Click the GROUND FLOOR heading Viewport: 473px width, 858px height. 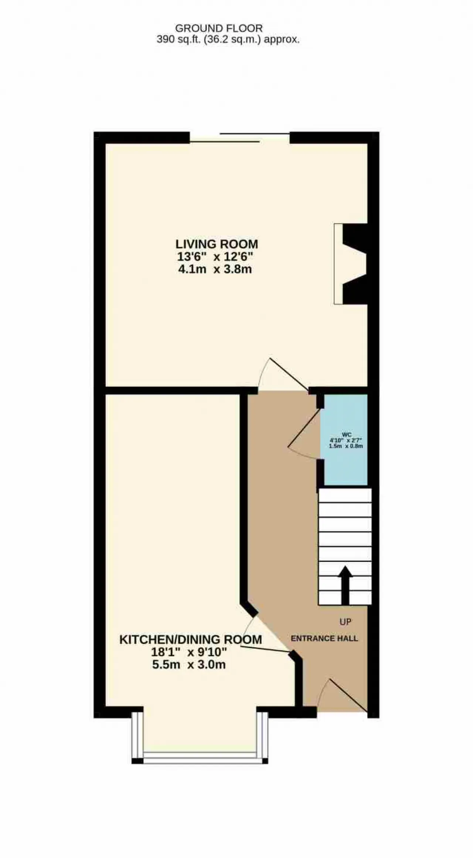[x=219, y=28]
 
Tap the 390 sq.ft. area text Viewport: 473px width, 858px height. [x=228, y=40]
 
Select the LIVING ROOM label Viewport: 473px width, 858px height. [x=217, y=244]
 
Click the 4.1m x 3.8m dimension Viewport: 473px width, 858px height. [x=215, y=269]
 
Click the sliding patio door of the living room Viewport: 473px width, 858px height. [x=240, y=137]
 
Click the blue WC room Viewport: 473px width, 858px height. [x=346, y=440]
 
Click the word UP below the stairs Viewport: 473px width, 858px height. [x=345, y=622]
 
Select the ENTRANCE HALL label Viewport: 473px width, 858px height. [x=324, y=639]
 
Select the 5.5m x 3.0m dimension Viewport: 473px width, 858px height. [x=189, y=664]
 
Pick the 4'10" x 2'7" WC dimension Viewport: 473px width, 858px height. [x=346, y=440]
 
